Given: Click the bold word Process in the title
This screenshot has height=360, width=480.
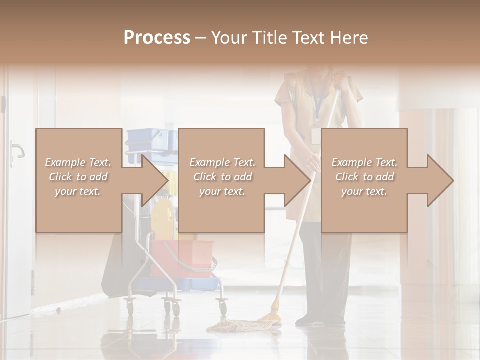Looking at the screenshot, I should point(157,37).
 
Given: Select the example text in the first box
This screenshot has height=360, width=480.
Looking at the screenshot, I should point(78,177).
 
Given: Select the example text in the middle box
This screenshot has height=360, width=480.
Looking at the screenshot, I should point(222,177).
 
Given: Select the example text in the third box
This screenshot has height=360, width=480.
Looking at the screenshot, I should point(364,177).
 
